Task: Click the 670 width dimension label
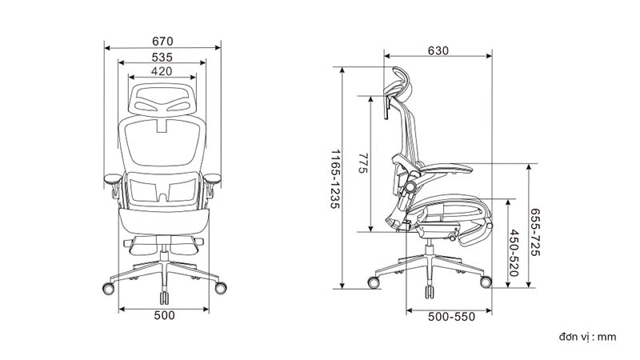point(162,42)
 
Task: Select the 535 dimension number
point(162,57)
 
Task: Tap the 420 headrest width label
point(162,71)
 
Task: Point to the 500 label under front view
point(165,315)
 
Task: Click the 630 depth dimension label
point(438,50)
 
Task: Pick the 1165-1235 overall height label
point(335,179)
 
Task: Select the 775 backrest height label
point(363,163)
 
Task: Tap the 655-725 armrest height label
point(535,232)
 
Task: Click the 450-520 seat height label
point(514,253)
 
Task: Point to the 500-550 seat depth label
point(451,317)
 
